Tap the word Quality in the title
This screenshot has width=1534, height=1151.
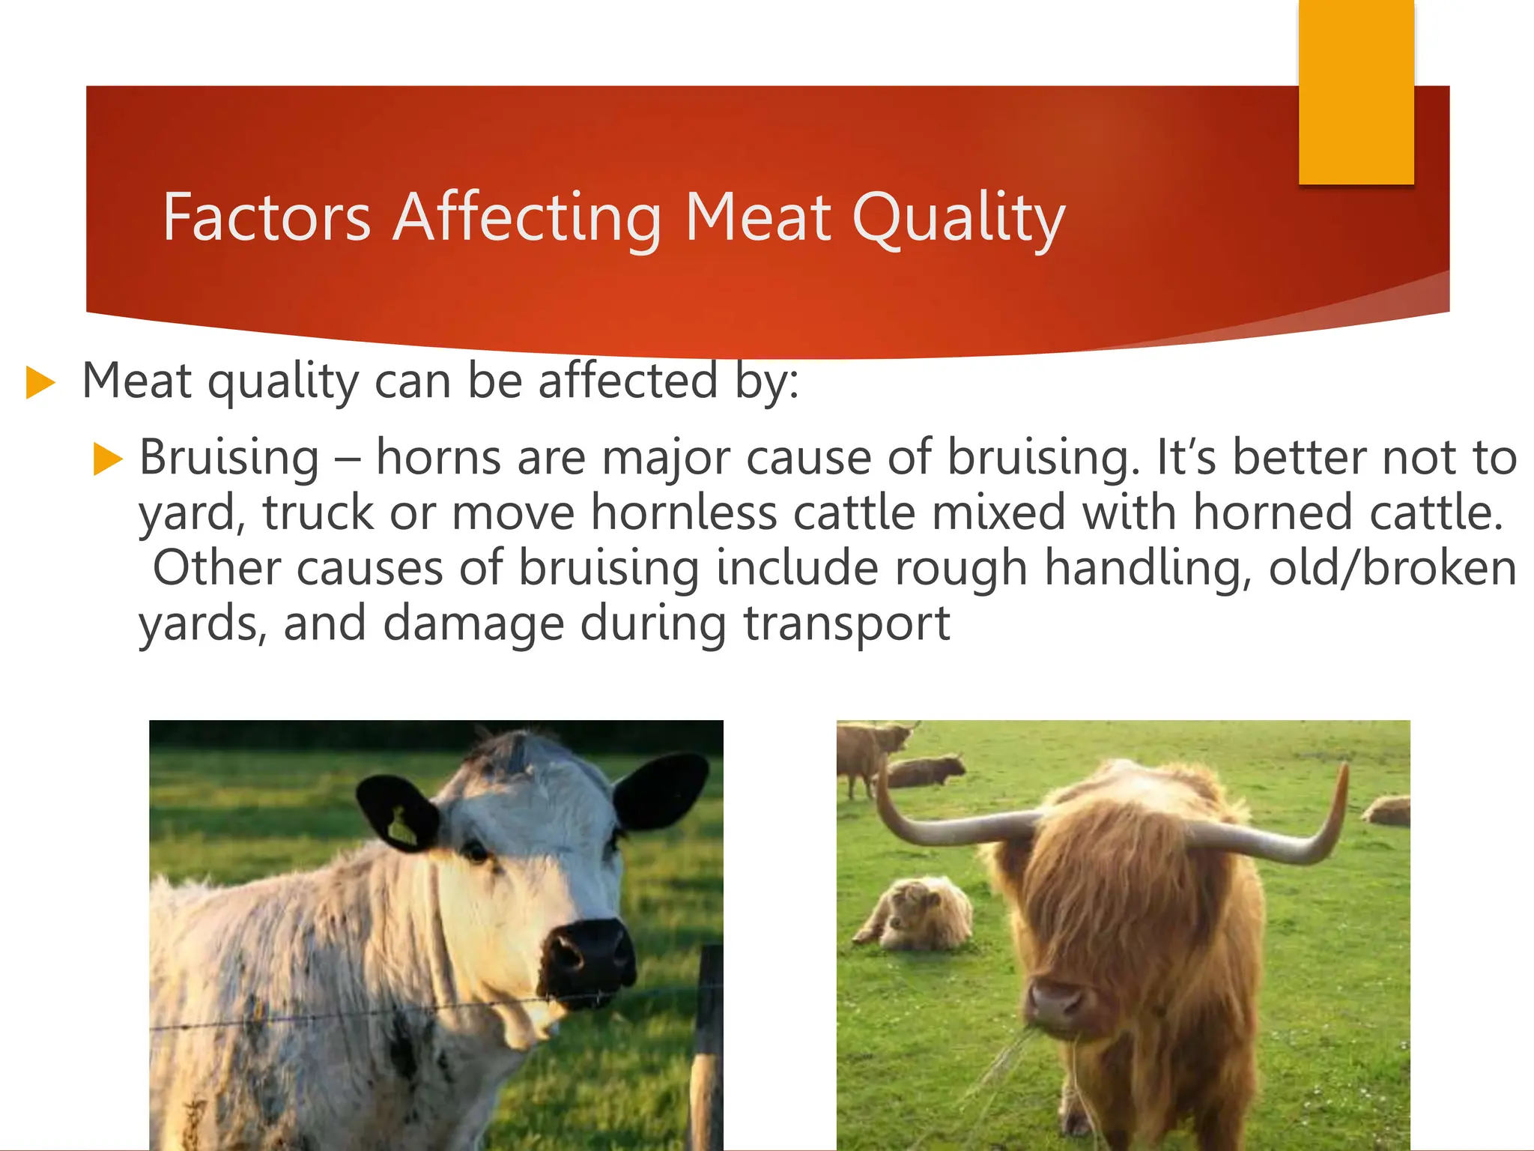[958, 219]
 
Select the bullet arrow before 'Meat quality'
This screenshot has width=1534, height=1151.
[40, 382]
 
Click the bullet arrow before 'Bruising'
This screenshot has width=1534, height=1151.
[108, 459]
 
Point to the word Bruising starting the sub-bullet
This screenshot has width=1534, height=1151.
[229, 458]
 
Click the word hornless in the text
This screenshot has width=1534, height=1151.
[684, 513]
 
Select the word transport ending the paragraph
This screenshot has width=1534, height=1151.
[846, 624]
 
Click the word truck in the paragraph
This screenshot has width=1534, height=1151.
[318, 513]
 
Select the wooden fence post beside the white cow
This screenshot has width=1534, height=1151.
[706, 1057]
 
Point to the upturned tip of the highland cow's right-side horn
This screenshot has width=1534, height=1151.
[1344, 772]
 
